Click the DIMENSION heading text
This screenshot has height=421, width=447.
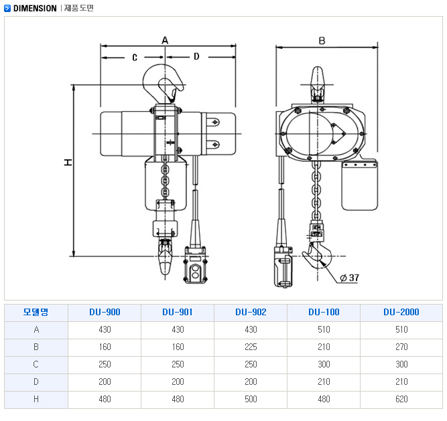coord(34,8)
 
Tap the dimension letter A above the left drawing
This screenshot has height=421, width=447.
coord(165,40)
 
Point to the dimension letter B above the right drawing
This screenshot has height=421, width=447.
coord(321,41)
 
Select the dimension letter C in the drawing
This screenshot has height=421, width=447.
coord(134,57)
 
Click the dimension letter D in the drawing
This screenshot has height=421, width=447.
coord(196,57)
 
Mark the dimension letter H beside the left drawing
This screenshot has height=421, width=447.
coord(68,163)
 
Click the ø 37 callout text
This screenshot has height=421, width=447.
coord(350,277)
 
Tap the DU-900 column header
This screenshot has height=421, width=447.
coord(105,312)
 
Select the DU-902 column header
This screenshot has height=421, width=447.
coord(251,312)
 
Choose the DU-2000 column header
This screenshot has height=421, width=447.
coord(401,312)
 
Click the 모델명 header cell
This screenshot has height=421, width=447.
coord(36,312)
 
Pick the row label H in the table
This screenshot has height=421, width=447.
coord(36,399)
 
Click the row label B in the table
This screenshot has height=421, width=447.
coord(36,347)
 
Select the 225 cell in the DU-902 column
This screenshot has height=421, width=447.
coord(251,347)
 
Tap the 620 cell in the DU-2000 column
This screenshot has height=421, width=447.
coord(401,399)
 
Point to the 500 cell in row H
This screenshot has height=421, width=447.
coord(251,399)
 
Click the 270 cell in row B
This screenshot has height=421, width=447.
coord(401,347)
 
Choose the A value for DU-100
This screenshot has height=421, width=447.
coord(324,329)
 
